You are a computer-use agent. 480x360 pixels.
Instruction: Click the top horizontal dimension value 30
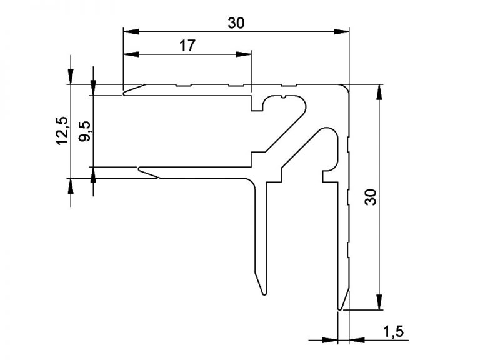[x=236, y=23]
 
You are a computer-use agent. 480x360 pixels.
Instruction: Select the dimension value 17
[x=187, y=46]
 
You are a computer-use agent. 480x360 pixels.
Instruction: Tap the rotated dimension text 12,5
[x=62, y=131]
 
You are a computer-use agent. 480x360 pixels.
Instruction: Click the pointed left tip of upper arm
[x=124, y=94]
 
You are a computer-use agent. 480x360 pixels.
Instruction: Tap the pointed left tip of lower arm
[x=139, y=168]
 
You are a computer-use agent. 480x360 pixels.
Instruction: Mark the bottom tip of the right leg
[x=340, y=308]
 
